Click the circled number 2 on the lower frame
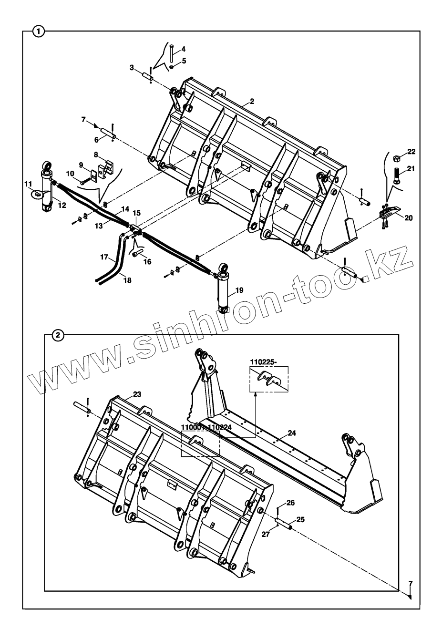(57, 335)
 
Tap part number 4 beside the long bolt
(184, 50)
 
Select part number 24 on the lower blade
(292, 433)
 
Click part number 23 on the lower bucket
(137, 394)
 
